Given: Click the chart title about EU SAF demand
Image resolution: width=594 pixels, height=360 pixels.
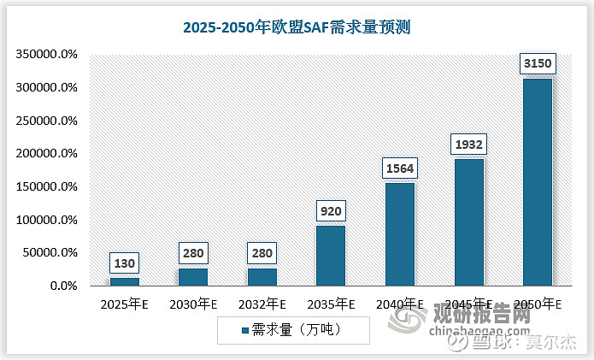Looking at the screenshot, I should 297,27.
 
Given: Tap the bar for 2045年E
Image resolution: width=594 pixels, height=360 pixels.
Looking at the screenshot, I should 468,222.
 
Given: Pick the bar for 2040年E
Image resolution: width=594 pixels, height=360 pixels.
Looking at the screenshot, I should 399,234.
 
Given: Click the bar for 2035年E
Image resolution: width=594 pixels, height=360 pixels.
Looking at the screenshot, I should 331,256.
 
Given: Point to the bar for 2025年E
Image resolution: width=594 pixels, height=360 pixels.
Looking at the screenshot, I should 125,281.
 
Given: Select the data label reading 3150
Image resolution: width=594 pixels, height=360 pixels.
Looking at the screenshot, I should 538,64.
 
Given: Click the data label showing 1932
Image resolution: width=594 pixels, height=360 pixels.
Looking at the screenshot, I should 468,145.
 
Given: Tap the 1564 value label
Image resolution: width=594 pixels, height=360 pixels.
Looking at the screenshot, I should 399,168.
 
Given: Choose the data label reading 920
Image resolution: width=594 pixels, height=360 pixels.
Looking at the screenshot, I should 331,210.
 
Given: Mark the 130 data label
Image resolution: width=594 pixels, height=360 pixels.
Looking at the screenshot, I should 125,263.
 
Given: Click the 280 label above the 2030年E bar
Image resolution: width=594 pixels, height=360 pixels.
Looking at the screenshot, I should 193,253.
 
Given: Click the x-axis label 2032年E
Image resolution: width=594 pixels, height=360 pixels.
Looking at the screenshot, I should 262,304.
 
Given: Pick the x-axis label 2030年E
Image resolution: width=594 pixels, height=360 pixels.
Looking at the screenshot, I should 193,304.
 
